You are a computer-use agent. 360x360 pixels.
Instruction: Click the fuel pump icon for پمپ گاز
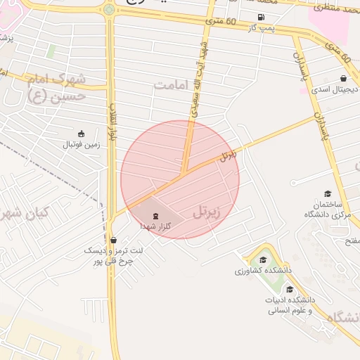click(262, 18)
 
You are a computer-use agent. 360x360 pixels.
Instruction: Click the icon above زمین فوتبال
click(82, 134)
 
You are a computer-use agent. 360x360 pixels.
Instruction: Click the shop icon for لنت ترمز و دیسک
click(113, 240)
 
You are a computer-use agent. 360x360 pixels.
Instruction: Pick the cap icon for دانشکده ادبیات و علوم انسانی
click(290, 289)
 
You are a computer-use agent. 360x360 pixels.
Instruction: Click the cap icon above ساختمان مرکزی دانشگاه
click(327, 193)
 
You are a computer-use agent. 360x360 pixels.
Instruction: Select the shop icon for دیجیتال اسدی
click(342, 79)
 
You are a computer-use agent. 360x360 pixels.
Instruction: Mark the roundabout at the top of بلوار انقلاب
click(108, 10)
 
